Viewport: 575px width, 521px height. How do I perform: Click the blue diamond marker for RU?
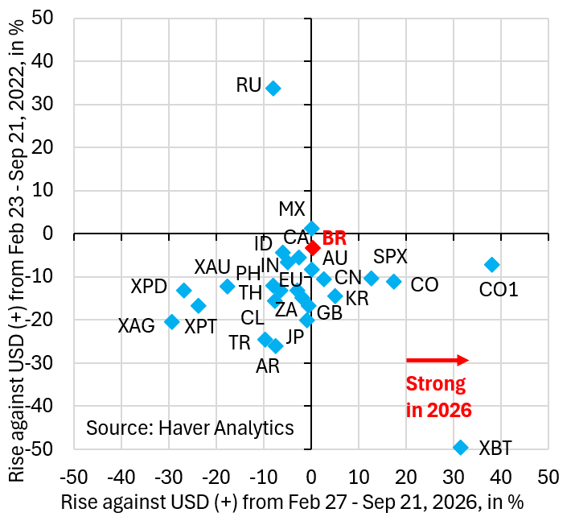click(x=273, y=88)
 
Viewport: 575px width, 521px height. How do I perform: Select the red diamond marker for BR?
click(x=313, y=248)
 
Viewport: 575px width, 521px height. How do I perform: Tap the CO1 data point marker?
click(x=492, y=264)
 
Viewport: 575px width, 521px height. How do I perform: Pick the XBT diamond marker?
click(x=461, y=447)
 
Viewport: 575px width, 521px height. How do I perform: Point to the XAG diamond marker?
click(x=172, y=322)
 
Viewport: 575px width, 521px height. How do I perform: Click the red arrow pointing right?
click(x=437, y=360)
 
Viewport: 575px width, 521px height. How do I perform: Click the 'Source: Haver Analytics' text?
click(x=190, y=428)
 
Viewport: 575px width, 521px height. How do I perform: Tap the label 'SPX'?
click(x=390, y=256)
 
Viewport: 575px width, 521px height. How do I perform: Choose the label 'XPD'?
click(x=149, y=286)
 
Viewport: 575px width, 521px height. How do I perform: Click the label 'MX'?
click(x=292, y=209)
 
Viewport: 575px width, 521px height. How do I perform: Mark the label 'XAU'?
click(x=212, y=267)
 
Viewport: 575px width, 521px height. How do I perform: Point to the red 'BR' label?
click(x=334, y=238)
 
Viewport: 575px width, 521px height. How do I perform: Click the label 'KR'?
click(x=357, y=299)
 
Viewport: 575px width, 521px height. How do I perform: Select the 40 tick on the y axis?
click(x=43, y=61)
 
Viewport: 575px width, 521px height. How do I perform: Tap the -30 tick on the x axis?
click(x=169, y=478)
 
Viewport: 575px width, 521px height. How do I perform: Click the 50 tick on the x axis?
click(x=548, y=478)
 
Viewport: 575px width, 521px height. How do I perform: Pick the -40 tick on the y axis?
click(x=40, y=406)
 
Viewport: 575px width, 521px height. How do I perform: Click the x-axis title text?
click(x=292, y=502)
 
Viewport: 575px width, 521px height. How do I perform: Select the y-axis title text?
click(x=16, y=250)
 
